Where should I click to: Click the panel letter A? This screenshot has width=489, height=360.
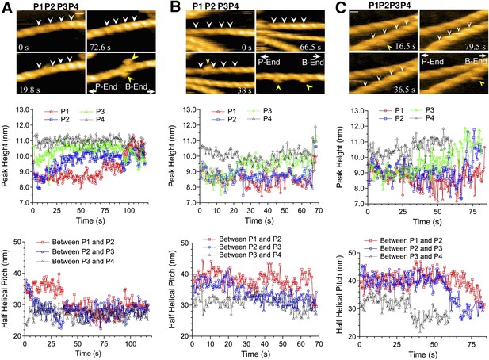(x=7, y=6)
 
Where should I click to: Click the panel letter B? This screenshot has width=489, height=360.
(x=176, y=6)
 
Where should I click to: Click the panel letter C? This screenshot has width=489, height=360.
(x=341, y=7)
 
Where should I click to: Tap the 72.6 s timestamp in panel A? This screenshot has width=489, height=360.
(x=101, y=48)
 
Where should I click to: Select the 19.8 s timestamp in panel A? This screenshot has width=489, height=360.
(x=29, y=90)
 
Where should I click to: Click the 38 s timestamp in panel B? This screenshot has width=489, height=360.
(x=244, y=90)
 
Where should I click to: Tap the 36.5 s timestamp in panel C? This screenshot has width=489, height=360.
(x=404, y=90)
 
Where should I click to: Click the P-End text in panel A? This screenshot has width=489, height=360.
(x=106, y=86)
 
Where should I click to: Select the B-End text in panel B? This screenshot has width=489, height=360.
(x=313, y=62)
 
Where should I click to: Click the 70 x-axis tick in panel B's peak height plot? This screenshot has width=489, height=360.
(x=319, y=211)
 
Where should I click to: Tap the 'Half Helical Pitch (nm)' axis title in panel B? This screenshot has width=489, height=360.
(x=172, y=289)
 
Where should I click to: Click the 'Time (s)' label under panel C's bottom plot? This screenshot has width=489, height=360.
(x=423, y=354)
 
